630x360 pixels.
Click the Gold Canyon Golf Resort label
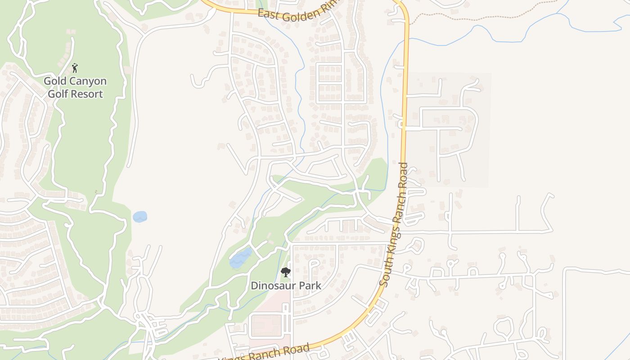pyautogui.click(x=75, y=87)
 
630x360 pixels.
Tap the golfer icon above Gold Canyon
pyautogui.click(x=75, y=68)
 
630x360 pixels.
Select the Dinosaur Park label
pyautogui.click(x=286, y=285)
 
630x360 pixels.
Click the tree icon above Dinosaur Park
pyautogui.click(x=285, y=272)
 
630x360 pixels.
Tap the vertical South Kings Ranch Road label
pyautogui.click(x=395, y=224)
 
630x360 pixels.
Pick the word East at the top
pyautogui.click(x=267, y=13)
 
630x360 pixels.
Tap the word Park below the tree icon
pyautogui.click(x=311, y=285)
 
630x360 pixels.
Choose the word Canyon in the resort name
pyautogui.click(x=88, y=81)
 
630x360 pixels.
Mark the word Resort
pyautogui.click(x=89, y=94)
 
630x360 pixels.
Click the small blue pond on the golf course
pyautogui.click(x=140, y=216)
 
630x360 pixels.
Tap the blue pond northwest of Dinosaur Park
pyautogui.click(x=240, y=259)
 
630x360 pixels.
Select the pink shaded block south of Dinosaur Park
pyautogui.click(x=265, y=325)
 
